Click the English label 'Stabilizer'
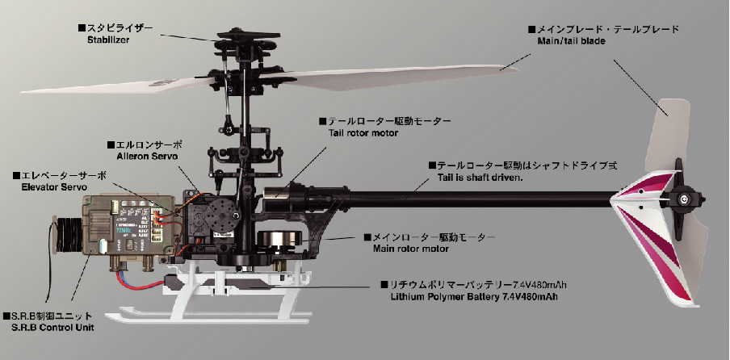pyautogui.click(x=108, y=40)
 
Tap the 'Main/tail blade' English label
pyautogui.click(x=571, y=41)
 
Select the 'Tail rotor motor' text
pyautogui.click(x=363, y=133)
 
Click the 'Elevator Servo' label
pyautogui.click(x=54, y=187)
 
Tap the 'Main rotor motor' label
pyautogui.click(x=410, y=249)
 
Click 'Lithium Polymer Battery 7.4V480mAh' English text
pyautogui.click(x=474, y=297)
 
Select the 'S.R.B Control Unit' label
pyautogui.click(x=52, y=328)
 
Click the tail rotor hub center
pyautogui.click(x=683, y=199)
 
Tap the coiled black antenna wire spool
pyautogui.click(x=64, y=234)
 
